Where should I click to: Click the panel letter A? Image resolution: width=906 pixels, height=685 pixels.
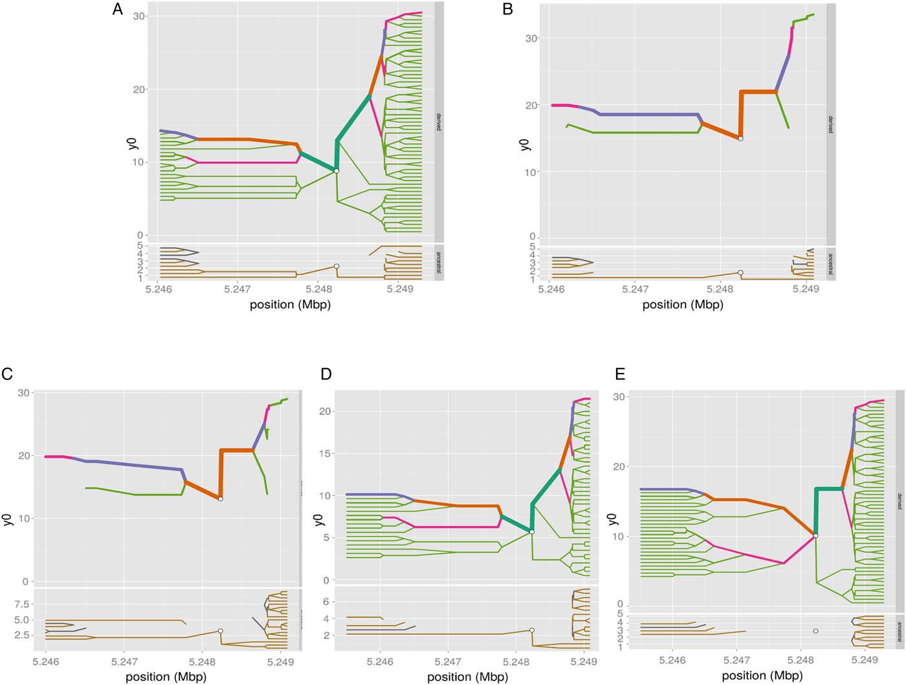tap(117, 10)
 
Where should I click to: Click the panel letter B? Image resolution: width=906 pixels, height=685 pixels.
tap(508, 9)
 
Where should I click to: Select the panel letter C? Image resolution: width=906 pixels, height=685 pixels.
tap(8, 374)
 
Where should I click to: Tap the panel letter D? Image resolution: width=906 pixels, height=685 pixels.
tap(326, 374)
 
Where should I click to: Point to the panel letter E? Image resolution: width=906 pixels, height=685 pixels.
tap(620, 374)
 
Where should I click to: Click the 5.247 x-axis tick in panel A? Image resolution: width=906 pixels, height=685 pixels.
tap(238, 289)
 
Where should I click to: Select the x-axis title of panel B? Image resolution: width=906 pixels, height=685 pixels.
tap(682, 304)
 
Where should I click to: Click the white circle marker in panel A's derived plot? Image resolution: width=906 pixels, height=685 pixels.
tap(337, 171)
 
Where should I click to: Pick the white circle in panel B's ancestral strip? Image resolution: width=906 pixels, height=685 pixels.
tap(740, 273)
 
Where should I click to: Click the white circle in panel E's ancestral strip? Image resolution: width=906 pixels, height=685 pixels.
tap(815, 631)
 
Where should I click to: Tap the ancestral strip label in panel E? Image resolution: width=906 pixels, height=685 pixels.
tap(900, 631)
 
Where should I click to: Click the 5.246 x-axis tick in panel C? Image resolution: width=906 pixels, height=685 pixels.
tap(46, 662)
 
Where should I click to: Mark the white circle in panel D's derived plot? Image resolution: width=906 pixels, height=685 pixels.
tap(532, 532)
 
